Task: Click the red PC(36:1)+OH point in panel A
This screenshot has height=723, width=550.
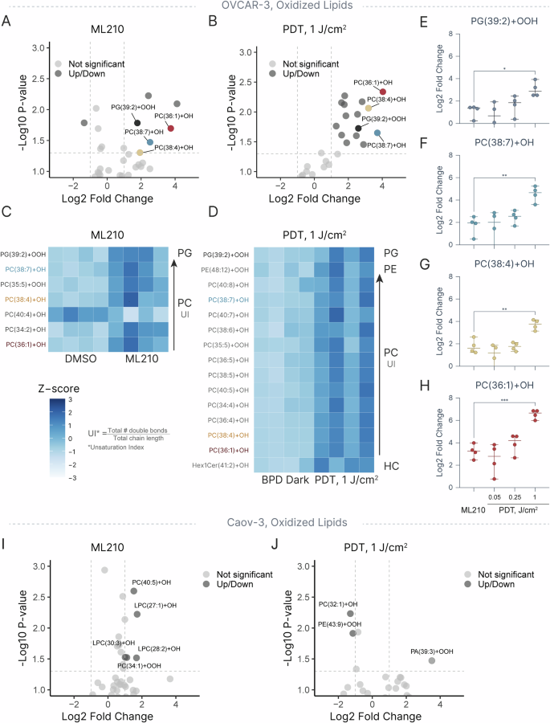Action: point(171,129)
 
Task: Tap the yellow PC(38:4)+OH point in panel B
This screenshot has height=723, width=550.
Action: point(369,108)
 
